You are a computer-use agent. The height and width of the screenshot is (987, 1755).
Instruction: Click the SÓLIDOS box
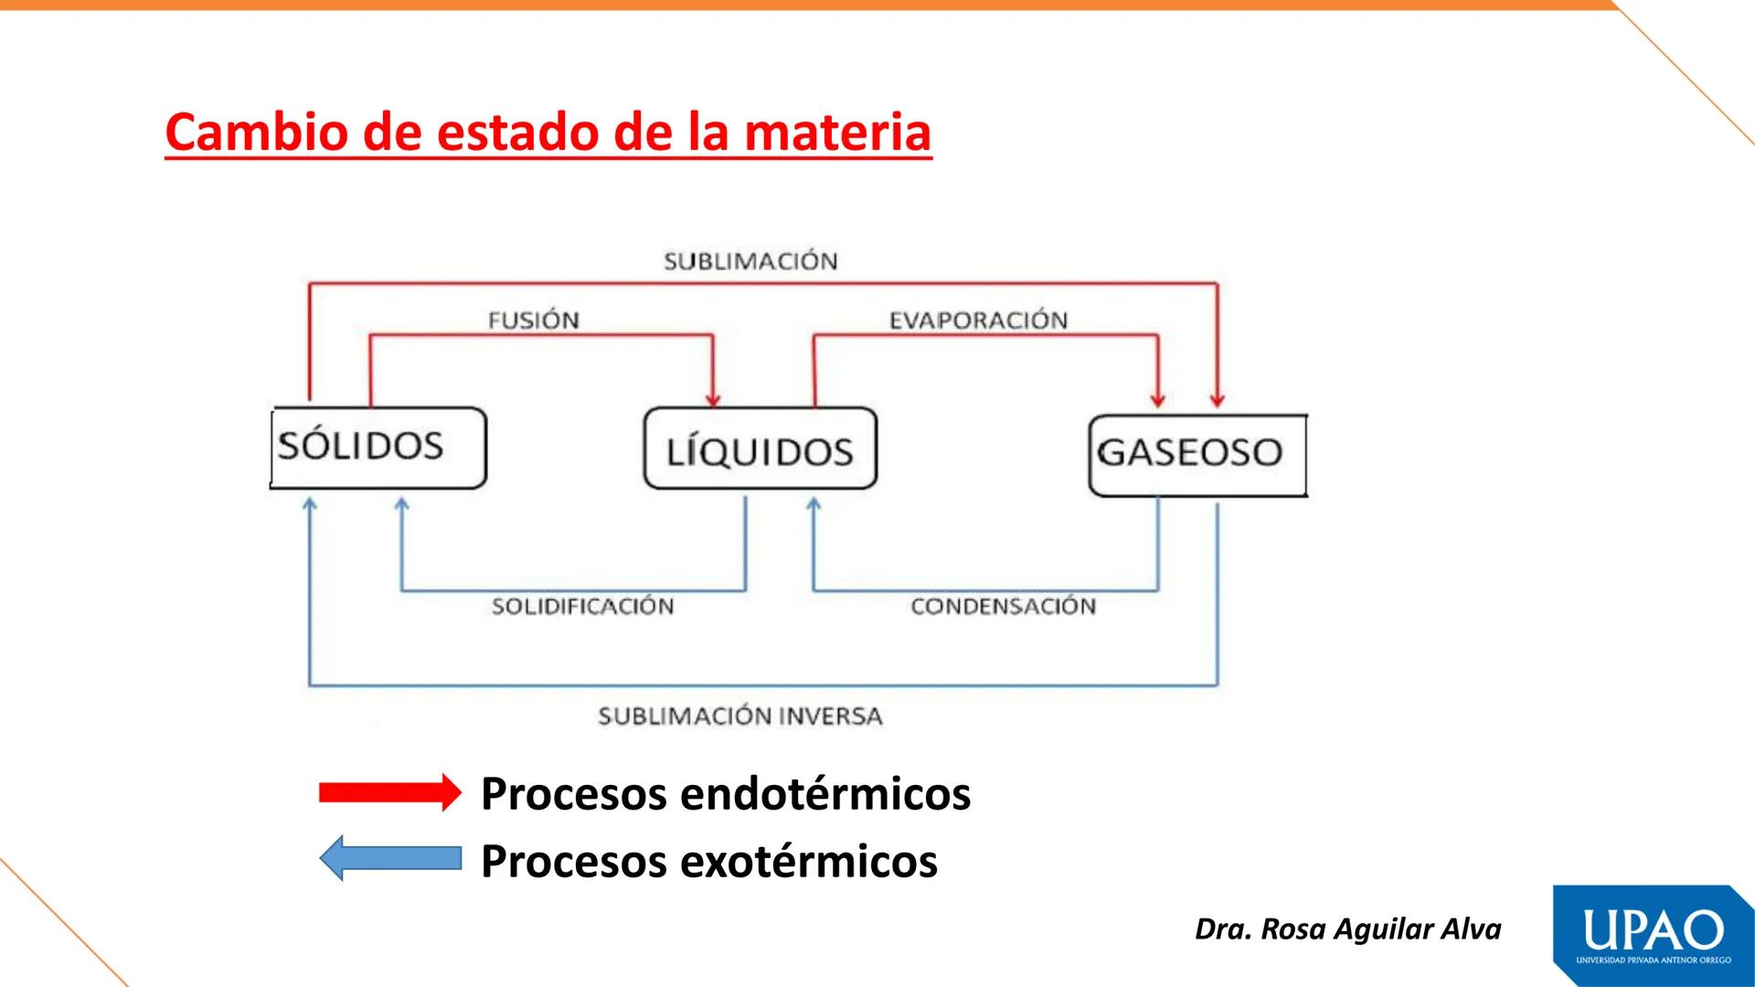378,448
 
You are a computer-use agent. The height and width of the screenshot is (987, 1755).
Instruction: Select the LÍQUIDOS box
760,450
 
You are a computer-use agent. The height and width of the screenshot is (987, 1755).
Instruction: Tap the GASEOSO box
1197,454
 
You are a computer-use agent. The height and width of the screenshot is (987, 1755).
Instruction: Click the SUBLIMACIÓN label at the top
750,261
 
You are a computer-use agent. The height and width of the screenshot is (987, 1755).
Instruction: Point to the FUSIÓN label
533,320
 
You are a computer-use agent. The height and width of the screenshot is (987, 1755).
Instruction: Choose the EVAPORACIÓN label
978,320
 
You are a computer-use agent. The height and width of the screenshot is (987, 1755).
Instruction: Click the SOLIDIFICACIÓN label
582,606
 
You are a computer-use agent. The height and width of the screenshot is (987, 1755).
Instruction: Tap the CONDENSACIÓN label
1003,606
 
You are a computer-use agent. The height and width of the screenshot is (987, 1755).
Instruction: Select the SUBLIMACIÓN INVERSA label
740,716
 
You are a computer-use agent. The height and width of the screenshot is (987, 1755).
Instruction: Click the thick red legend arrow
390,792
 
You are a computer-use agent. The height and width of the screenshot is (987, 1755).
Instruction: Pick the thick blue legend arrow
390,858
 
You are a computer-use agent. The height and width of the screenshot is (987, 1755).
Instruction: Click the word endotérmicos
825,792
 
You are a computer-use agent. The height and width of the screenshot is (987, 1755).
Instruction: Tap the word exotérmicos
809,861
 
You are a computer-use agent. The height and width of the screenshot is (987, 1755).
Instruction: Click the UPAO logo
1653,935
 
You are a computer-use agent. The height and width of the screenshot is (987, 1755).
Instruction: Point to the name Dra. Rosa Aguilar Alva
1347,929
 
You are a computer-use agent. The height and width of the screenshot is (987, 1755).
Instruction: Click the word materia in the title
837,132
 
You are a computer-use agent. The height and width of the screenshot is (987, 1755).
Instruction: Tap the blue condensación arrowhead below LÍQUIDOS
814,504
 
